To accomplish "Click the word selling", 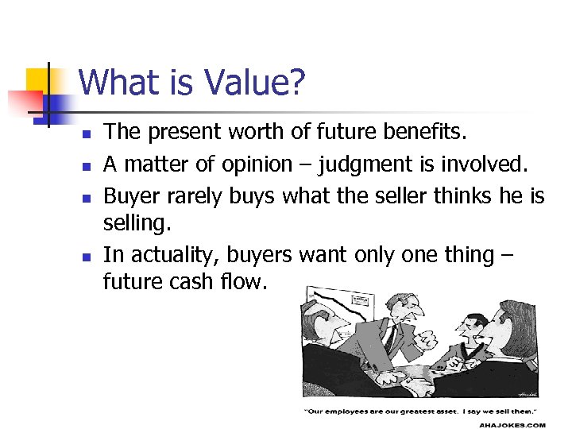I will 137,225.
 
